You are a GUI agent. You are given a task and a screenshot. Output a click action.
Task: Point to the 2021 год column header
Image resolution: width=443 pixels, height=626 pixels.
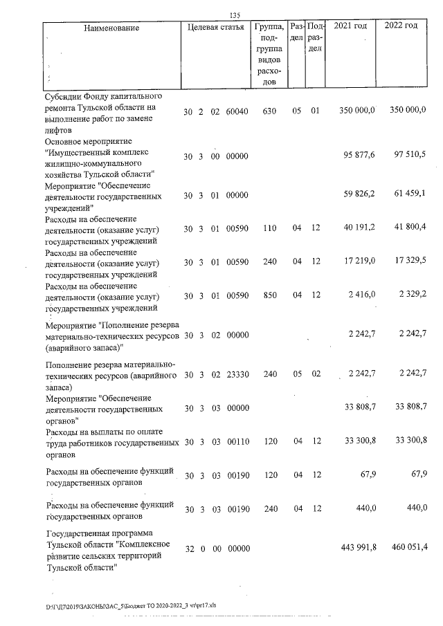click(x=350, y=26)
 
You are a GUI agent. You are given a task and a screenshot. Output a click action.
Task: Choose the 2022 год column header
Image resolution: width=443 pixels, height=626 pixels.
click(x=401, y=26)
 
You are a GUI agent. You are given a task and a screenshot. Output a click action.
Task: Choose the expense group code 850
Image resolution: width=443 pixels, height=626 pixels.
click(x=271, y=295)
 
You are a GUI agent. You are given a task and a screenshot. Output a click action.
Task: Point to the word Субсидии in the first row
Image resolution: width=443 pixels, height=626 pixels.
click(x=64, y=95)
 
